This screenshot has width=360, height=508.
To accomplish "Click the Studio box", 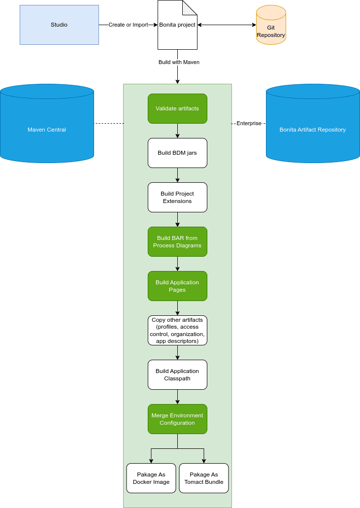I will click(59, 25).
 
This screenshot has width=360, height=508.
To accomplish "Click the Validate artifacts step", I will click(177, 108).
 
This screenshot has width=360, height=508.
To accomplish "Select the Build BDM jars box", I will click(177, 153).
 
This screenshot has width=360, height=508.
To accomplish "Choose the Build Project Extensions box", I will click(177, 197).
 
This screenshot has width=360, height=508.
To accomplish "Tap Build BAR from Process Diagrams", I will click(177, 241).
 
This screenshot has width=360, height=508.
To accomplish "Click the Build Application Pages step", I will click(177, 286).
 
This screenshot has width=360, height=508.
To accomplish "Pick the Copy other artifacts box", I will click(177, 330).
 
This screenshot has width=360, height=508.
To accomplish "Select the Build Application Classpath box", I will click(177, 374).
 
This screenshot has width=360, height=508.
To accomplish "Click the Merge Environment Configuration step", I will click(177, 419).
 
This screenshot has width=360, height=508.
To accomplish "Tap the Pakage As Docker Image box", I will click(151, 478).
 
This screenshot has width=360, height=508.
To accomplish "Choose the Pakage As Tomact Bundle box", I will click(203, 478).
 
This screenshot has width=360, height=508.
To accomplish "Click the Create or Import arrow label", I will click(128, 25).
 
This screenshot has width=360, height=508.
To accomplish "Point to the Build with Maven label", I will click(179, 63).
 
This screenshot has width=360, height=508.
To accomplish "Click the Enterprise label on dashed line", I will click(249, 123).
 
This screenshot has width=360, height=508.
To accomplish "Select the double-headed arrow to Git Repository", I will click(227, 25).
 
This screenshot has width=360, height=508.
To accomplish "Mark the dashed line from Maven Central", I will click(108, 123).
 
